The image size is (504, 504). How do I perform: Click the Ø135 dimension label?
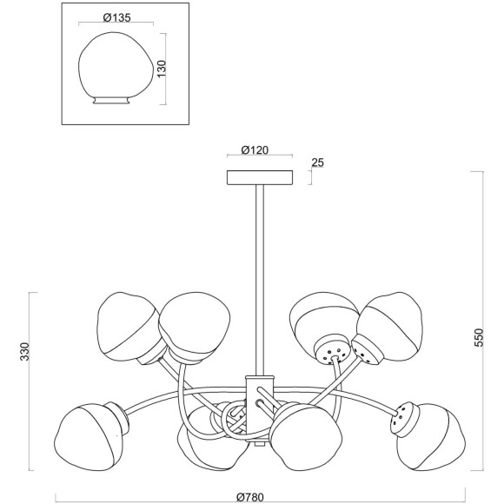(x=117, y=17)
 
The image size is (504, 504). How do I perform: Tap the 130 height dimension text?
(x=162, y=68)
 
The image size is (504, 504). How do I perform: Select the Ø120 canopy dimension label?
(x=255, y=149)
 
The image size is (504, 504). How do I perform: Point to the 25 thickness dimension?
(x=317, y=162)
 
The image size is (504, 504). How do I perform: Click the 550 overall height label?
(x=479, y=337)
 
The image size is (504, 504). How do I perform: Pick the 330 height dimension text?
(x=24, y=351)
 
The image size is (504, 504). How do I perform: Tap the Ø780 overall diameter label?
(x=250, y=497)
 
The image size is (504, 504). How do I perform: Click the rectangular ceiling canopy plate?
(x=260, y=178)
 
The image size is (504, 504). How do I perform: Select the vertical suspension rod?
(x=260, y=281)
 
